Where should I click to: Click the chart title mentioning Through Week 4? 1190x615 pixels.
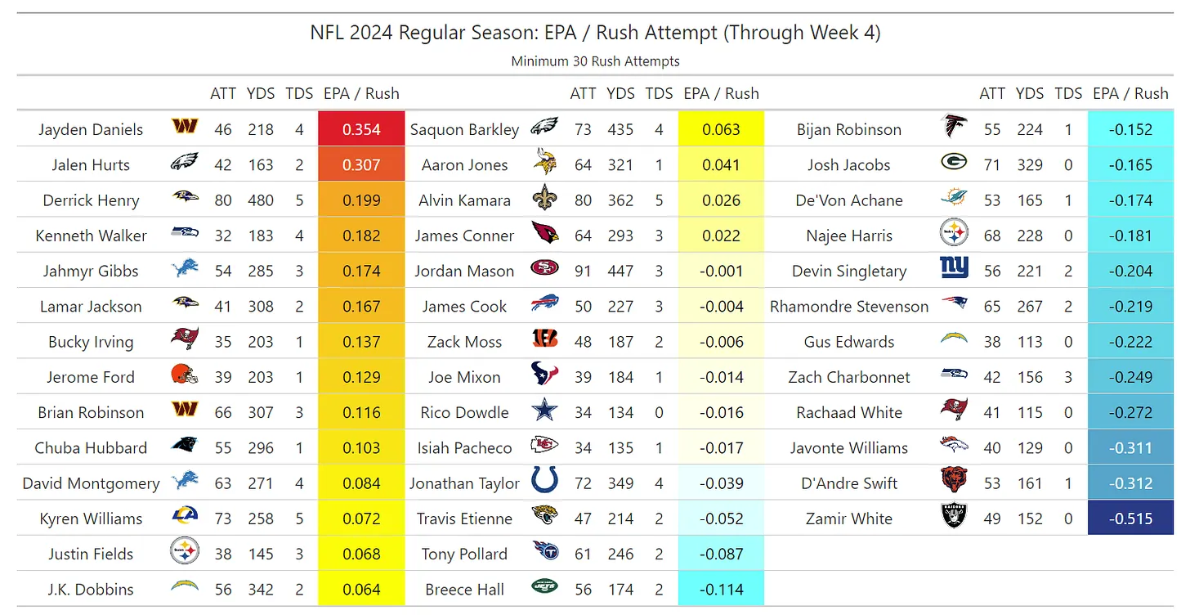595,33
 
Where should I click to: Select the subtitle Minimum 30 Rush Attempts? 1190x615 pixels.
595,61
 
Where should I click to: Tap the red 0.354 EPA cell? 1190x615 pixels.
361,129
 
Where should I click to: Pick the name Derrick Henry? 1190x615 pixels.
91,200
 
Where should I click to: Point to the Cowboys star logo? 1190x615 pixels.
544,412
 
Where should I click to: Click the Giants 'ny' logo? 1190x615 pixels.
954,270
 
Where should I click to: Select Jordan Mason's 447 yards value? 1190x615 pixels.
620,271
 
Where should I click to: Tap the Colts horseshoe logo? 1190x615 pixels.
544,482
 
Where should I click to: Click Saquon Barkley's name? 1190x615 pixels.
464,129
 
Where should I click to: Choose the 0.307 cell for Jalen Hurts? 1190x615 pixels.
361,164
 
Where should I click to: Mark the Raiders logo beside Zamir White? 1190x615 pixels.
954,517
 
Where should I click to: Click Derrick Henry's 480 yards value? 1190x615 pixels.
261,200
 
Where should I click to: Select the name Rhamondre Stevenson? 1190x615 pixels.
849,307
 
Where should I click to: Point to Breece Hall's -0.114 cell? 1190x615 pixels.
721,589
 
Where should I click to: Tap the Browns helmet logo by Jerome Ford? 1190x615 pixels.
184,376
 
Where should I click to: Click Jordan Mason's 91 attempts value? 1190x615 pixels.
583,271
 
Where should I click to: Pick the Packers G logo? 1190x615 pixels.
954,164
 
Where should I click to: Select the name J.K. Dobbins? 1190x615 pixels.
91,589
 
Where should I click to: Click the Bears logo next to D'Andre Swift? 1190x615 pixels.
954,482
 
